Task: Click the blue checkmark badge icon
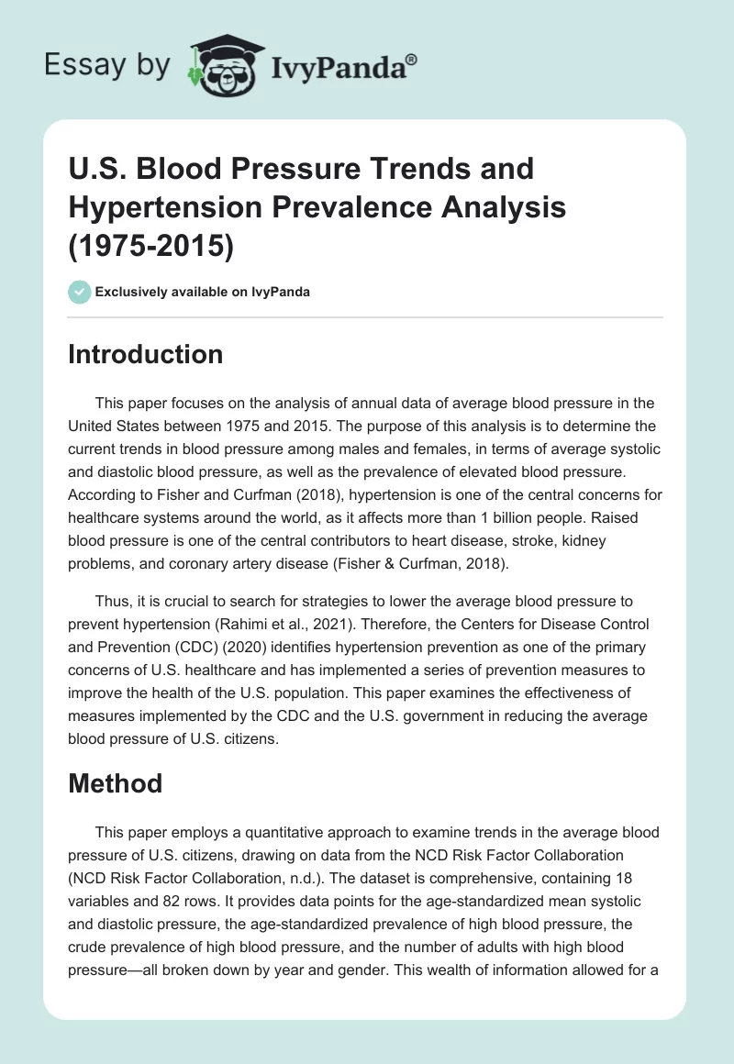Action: pos(80,292)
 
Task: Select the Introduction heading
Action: pos(145,354)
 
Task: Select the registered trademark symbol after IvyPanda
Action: pos(412,58)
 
